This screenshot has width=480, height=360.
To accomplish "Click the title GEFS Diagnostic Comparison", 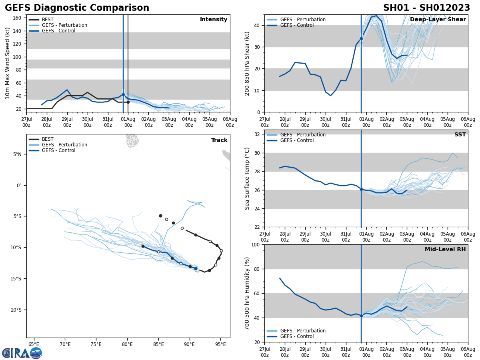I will click(77, 8).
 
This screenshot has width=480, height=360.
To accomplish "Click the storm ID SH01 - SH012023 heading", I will click(426, 8).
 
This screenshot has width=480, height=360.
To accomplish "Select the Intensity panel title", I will click(214, 20).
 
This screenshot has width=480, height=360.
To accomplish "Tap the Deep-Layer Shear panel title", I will click(438, 20).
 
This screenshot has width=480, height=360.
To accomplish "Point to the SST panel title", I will click(460, 135).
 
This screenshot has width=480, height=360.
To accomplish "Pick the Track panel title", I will click(219, 140).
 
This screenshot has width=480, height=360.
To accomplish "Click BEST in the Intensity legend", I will click(48, 20).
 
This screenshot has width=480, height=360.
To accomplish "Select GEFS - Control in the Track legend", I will click(58, 150).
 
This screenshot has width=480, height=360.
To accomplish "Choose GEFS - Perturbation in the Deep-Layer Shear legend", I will click(303, 20).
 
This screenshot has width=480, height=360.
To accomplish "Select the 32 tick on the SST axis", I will click(258, 134).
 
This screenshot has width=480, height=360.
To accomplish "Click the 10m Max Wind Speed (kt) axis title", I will click(8, 63).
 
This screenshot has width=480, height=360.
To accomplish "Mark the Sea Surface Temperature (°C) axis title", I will click(247, 178).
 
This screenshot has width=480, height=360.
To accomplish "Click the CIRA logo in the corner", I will click(22, 353).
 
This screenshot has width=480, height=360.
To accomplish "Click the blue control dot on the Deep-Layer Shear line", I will click(361, 39).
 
